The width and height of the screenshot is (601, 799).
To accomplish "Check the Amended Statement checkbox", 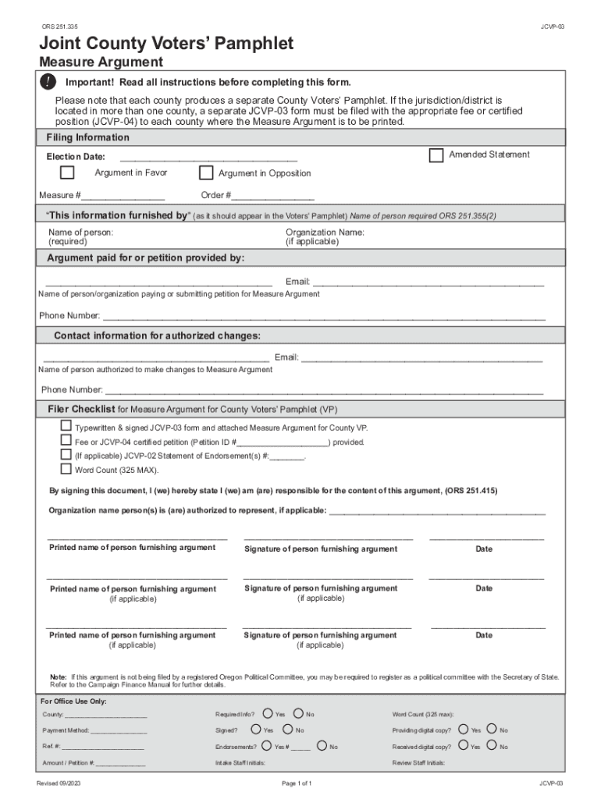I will tap(436, 155).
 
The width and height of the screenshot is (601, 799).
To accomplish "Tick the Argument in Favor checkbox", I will tap(68, 172).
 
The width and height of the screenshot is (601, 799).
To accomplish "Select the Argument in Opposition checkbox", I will tap(206, 172).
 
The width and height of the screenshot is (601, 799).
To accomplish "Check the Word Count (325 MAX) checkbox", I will tap(66, 469).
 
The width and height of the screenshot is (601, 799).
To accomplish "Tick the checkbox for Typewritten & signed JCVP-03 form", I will tap(66, 426).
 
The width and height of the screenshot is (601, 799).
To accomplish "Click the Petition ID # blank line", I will tap(284, 442).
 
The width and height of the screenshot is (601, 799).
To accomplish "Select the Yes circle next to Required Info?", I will tap(268, 713).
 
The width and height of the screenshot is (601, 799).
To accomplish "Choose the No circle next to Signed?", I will tap(287, 730).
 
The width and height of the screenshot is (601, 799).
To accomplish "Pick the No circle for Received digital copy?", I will tap(492, 746).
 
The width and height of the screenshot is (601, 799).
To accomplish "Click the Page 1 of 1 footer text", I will tap(296, 783).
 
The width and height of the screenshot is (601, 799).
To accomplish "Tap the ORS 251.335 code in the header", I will tap(62, 27).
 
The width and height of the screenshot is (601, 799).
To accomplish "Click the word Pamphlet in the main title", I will tap(244, 44).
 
